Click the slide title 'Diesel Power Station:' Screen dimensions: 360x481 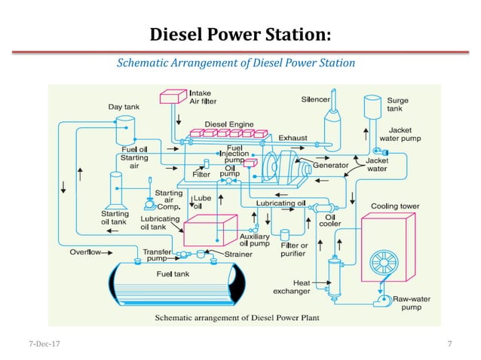click(x=240, y=35)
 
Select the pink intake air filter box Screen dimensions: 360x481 click(x=173, y=96)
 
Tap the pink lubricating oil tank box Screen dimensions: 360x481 click(x=214, y=229)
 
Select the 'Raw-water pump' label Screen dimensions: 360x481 click(x=412, y=303)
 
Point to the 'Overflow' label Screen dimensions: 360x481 click(x=86, y=252)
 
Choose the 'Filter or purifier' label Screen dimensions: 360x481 click(x=293, y=249)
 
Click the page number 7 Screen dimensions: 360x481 click(x=449, y=344)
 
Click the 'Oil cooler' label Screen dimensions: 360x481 click(x=332, y=218)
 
